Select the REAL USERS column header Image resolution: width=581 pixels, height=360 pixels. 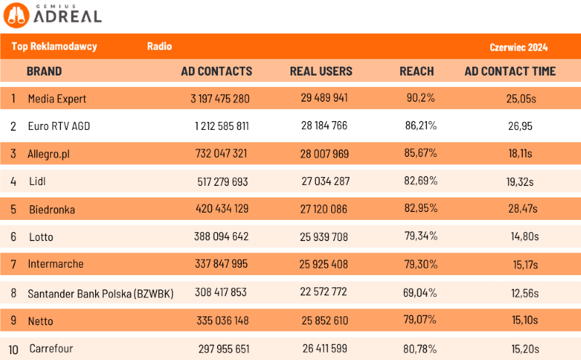pos(321,71)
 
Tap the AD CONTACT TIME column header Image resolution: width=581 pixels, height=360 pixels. pos(510,71)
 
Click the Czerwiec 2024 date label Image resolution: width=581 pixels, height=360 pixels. pos(519,47)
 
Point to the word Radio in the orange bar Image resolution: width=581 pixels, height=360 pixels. pos(159,46)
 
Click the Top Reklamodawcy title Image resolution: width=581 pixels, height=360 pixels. pos(54,46)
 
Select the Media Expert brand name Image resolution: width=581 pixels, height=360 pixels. pos(57,98)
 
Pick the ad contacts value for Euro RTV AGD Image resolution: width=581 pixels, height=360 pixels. pos(222,126)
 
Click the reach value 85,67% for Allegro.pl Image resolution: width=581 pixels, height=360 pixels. pos(421,154)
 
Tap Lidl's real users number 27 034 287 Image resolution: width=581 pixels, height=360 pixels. pos(325,181)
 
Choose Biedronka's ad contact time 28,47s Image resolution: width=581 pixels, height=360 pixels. pos(523,209)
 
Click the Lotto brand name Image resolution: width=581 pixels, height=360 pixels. pos(41,237)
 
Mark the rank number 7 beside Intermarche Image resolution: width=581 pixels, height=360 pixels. pos(13,264)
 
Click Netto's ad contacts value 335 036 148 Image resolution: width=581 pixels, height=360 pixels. pos(222,321)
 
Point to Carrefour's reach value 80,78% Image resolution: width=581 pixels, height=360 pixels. pos(421,349)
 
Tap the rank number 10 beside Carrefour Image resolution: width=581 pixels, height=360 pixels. pos(13,349)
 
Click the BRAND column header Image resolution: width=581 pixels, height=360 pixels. pos(44,71)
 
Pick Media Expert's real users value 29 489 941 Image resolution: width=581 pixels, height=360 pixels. pos(325,98)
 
